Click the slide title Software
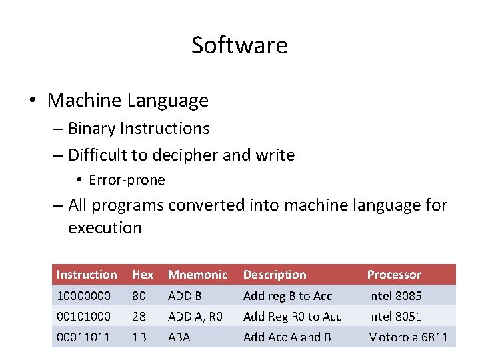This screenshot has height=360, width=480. coord(239,45)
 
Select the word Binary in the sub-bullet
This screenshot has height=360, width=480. coord(91,129)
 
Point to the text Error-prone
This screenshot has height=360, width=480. coord(127,180)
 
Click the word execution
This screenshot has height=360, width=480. coord(105,227)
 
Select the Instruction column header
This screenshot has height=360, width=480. coord(87,275)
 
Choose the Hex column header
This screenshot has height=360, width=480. coord(143,275)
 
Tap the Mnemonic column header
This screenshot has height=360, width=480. coord(198,275)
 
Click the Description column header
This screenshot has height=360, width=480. coord(275,275)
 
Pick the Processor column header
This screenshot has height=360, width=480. coord(394,275)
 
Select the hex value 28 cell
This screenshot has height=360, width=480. coord(139,316)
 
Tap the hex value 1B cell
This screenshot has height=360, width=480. coord(139,337)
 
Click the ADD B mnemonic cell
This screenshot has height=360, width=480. coord(185,295)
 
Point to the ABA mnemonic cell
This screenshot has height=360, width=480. coord(179,337)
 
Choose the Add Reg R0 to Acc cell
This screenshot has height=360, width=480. coord(292,316)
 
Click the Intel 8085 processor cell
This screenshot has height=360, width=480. coord(395,295)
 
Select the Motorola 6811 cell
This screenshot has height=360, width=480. coord(408,337)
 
